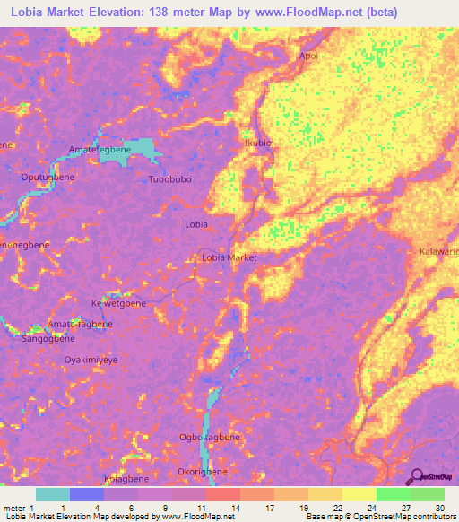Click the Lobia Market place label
[229, 257]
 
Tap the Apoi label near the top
[308, 55]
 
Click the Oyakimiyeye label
[91, 359]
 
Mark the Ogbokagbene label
[210, 437]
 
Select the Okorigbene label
[202, 471]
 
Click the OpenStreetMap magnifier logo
[419, 476]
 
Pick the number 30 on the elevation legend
[438, 507]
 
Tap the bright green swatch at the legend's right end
[427, 494]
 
